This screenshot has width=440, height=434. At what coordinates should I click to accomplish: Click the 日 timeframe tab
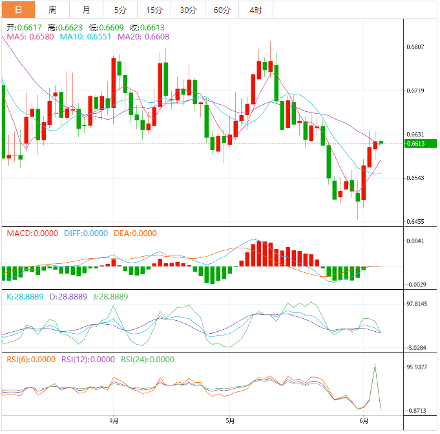[x=18, y=10]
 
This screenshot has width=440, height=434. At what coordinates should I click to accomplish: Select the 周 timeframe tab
[x=52, y=10]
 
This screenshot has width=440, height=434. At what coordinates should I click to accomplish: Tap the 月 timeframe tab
[x=87, y=10]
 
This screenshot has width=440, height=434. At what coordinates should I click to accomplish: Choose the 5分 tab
[x=121, y=10]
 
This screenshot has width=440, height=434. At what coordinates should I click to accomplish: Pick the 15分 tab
[x=154, y=10]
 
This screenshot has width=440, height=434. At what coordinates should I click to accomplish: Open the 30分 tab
[x=188, y=10]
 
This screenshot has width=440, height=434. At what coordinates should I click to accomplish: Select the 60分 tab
[x=222, y=10]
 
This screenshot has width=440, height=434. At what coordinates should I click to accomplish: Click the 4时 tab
[x=255, y=10]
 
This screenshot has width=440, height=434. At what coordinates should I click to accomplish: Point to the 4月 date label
[x=114, y=422]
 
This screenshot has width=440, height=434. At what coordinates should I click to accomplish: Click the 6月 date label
[x=364, y=422]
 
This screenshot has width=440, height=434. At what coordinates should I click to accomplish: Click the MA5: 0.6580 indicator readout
[x=30, y=38]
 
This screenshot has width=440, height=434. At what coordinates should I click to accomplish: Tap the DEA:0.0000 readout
[x=134, y=233]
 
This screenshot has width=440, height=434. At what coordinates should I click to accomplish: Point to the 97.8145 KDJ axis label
[x=416, y=303]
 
